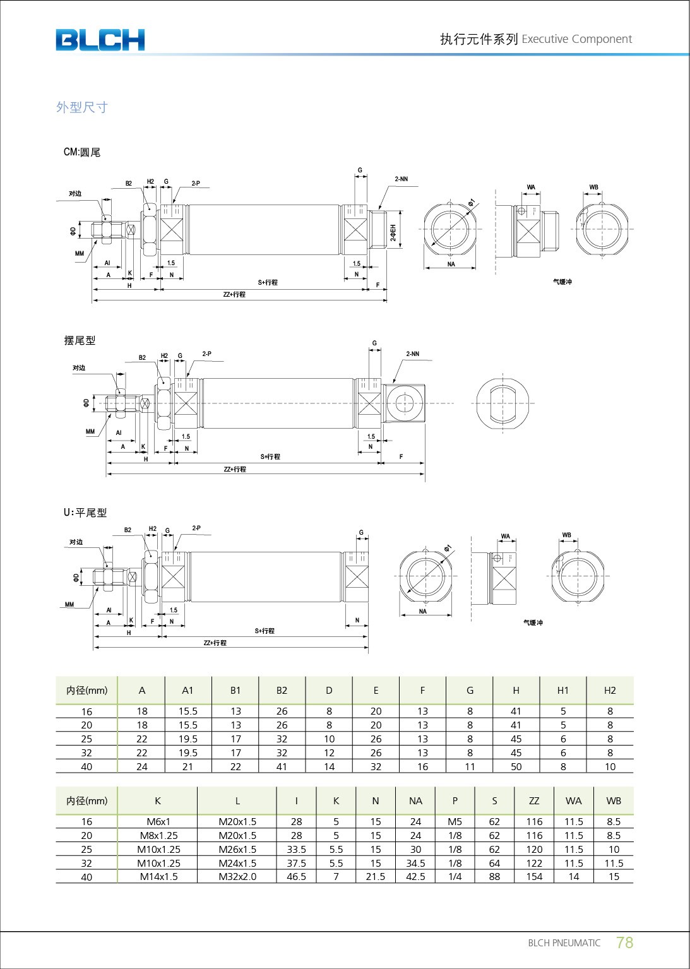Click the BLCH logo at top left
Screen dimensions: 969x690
(100, 40)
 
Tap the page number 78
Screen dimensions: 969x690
(624, 942)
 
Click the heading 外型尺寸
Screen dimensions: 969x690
(82, 107)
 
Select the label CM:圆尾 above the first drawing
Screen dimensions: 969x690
(82, 152)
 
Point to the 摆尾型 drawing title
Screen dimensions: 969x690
(80, 340)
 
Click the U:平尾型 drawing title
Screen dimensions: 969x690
(85, 513)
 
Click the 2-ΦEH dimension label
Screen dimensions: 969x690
(393, 232)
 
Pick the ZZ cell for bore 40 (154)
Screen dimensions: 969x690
(534, 877)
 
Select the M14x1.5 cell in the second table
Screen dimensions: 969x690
(158, 877)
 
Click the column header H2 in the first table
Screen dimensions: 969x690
(610, 690)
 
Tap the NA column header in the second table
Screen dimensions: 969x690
(415, 800)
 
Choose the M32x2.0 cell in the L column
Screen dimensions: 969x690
(237, 877)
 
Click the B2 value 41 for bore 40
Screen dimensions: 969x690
(282, 766)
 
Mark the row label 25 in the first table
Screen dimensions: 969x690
(86, 739)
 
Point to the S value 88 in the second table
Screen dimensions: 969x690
(494, 877)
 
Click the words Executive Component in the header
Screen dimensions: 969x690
(576, 39)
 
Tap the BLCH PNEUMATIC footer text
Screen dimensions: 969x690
(564, 943)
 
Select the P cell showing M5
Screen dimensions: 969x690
(455, 821)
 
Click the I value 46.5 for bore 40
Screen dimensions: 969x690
(296, 877)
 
